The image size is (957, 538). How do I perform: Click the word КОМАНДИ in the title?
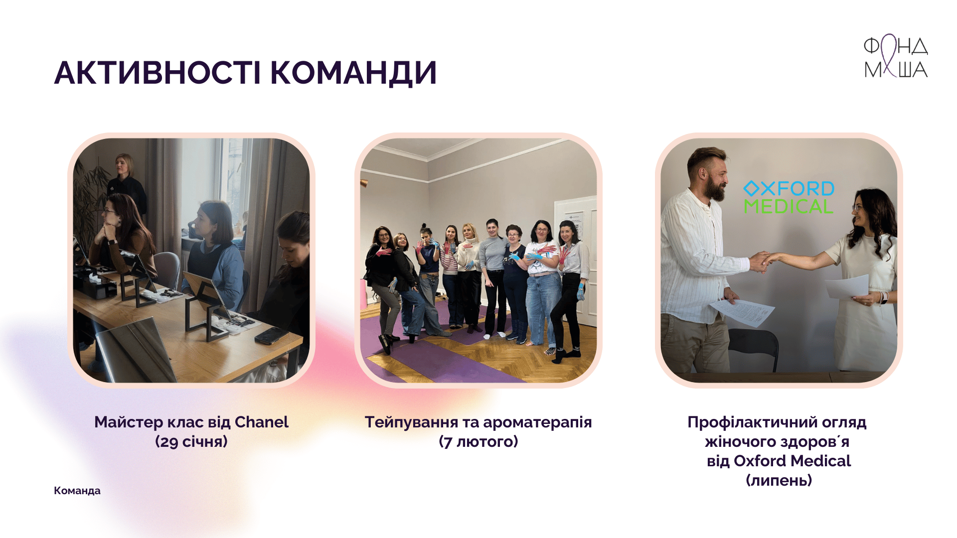tap(353, 73)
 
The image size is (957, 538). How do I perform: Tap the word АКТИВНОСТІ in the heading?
tap(158, 73)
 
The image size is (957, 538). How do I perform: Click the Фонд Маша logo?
tap(896, 56)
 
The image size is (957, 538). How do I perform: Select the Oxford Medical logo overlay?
tap(789, 197)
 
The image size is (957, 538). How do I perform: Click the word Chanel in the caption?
tap(262, 422)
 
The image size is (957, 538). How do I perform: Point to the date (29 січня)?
tap(191, 441)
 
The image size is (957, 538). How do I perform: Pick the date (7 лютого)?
tap(478, 441)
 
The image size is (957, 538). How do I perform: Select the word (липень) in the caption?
tap(779, 480)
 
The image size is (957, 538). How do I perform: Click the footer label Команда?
tap(77, 491)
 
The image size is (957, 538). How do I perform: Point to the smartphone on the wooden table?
tap(271, 336)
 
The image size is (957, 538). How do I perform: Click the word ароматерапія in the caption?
tap(537, 422)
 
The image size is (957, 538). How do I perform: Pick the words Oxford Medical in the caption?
tap(792, 461)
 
